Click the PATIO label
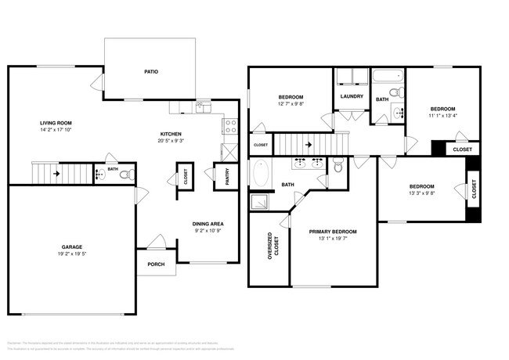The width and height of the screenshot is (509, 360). click(x=151, y=71)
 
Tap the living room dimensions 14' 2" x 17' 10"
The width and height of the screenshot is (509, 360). click(x=56, y=131)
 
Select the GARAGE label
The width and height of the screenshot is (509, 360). click(x=72, y=247)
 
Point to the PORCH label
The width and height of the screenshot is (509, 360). click(x=156, y=264)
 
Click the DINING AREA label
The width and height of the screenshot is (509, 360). click(x=208, y=225)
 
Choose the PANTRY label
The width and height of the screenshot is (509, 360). click(x=227, y=178)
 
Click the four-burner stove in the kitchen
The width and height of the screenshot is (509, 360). click(x=231, y=124)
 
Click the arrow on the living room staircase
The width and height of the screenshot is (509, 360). click(x=56, y=174)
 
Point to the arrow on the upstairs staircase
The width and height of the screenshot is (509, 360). click(x=309, y=145)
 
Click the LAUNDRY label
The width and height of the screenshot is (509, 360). click(x=352, y=96)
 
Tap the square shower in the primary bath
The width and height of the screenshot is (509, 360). click(x=259, y=202)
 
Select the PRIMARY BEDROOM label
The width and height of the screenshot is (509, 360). click(x=334, y=232)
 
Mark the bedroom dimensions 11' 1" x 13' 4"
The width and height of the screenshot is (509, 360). click(x=442, y=116)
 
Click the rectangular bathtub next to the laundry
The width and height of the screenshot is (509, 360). click(x=388, y=77)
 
